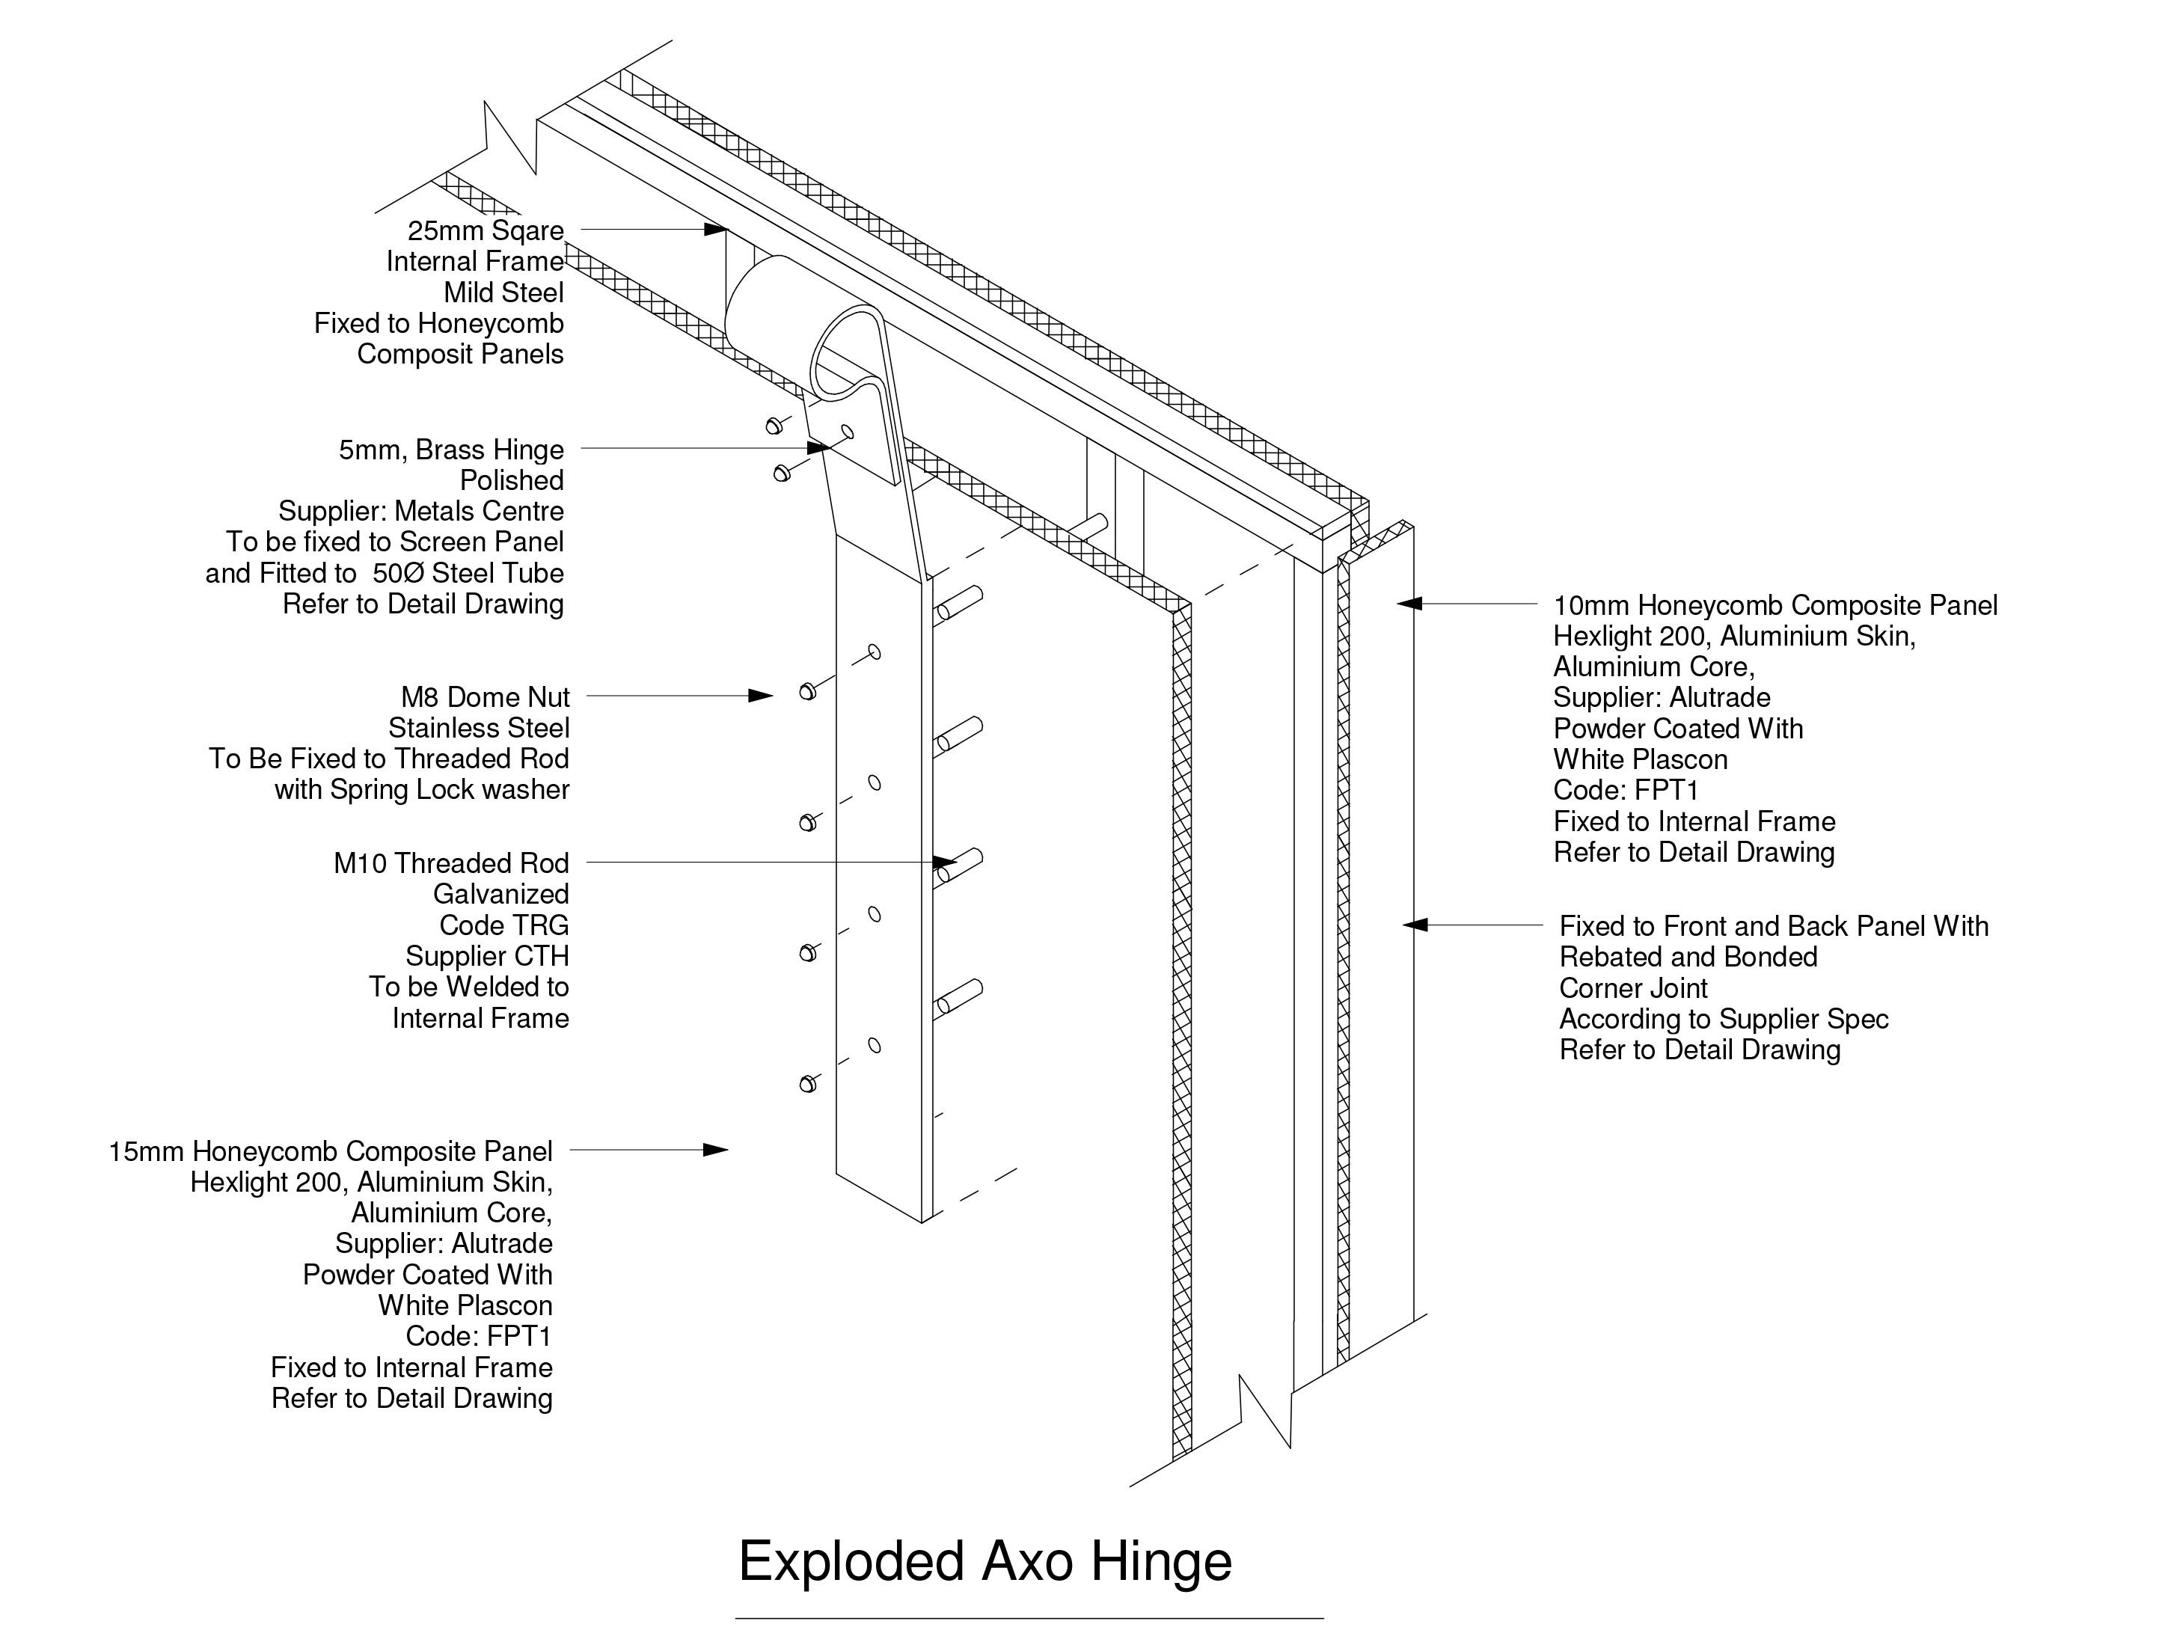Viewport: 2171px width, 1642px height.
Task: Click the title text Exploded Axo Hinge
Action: point(985,1560)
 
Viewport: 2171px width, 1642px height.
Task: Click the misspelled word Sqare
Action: point(527,230)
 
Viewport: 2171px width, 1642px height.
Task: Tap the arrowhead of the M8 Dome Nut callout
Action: point(762,696)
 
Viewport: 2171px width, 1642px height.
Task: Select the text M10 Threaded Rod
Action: point(450,864)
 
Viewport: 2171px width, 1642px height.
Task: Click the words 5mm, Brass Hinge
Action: point(450,450)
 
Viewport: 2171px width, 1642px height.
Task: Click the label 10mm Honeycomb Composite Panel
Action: point(1775,606)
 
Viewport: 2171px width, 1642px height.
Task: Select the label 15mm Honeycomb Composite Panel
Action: point(330,1151)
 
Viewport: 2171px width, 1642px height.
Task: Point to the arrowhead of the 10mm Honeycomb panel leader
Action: point(1409,604)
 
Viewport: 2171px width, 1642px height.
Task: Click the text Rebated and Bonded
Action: point(1688,957)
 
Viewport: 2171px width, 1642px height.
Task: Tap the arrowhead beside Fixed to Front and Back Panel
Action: point(1413,925)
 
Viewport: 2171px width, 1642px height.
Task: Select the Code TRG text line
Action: point(503,925)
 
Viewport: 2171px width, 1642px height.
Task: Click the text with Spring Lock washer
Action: point(421,790)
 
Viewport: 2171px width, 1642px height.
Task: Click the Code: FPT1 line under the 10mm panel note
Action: point(1626,790)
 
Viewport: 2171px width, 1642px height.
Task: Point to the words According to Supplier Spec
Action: point(1724,1019)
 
